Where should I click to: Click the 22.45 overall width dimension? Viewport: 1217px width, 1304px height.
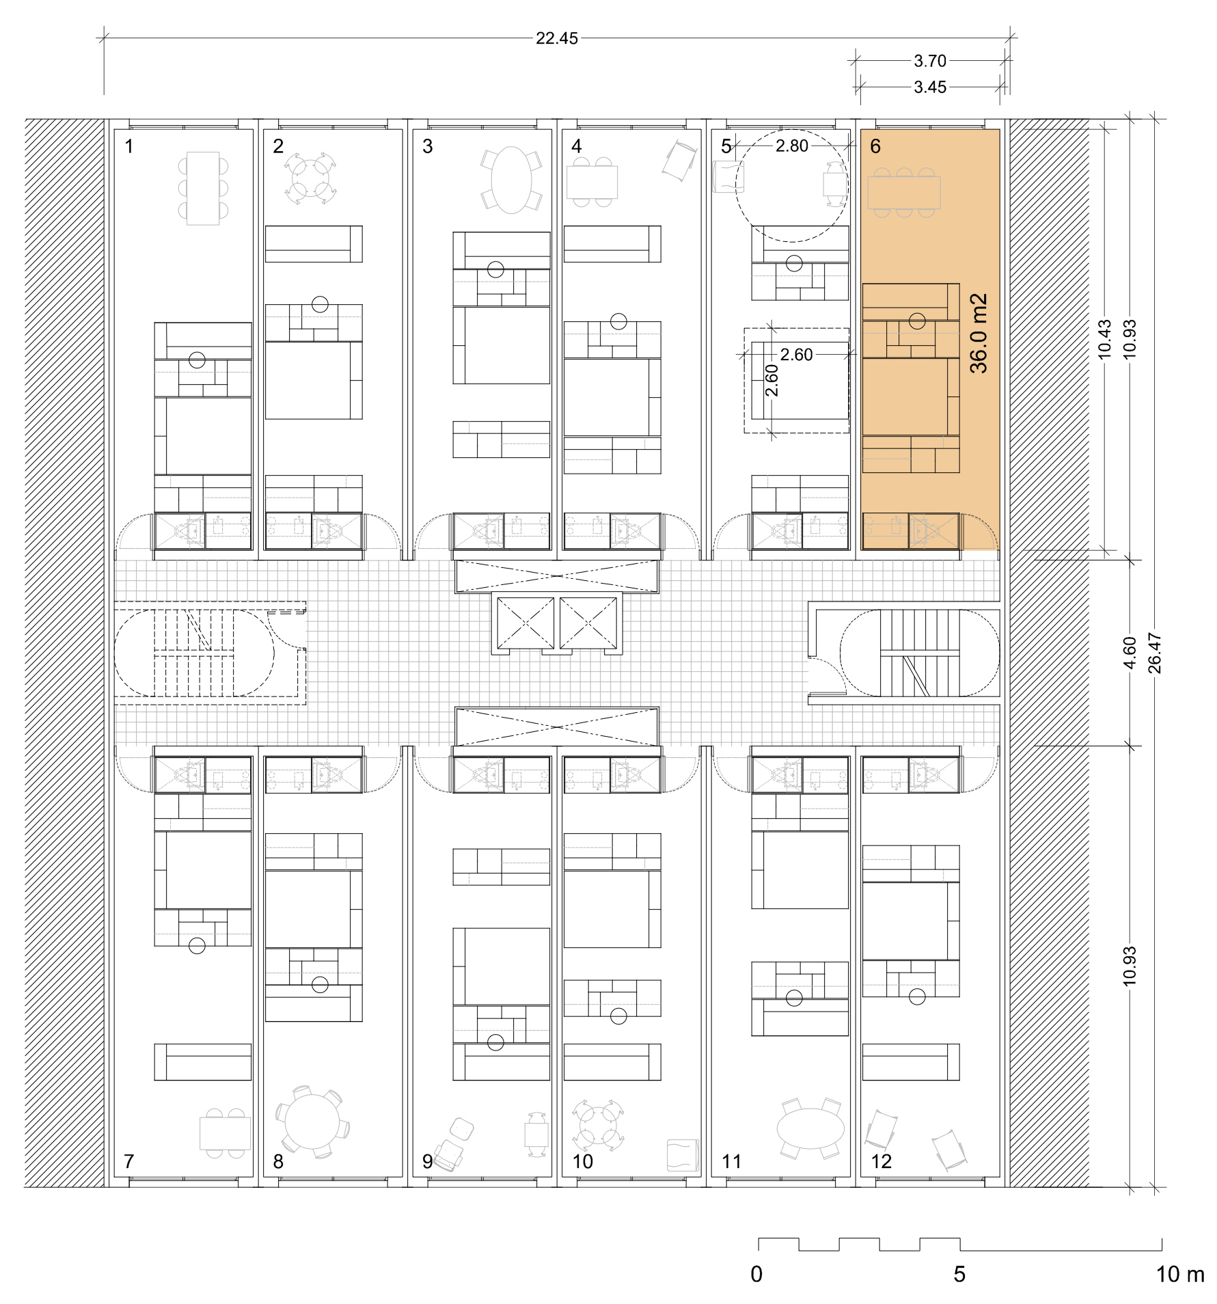tap(556, 38)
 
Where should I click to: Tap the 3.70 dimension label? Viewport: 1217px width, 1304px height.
tap(930, 61)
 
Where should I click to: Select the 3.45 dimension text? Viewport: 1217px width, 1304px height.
tap(930, 87)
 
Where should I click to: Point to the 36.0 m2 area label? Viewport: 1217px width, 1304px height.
tap(979, 334)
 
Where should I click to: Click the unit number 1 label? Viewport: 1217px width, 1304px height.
tap(129, 146)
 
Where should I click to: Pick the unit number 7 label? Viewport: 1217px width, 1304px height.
tap(129, 1161)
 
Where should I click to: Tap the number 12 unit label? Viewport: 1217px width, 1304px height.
tap(881, 1161)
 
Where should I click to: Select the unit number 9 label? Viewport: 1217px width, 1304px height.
tap(428, 1161)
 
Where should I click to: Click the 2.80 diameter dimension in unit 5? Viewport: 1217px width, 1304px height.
tap(791, 146)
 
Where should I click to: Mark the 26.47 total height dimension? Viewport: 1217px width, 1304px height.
tap(1154, 653)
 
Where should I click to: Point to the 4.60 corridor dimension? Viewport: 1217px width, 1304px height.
tap(1130, 653)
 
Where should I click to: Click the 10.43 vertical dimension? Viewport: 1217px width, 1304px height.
tap(1105, 339)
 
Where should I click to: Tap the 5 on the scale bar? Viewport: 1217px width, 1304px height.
tap(959, 1274)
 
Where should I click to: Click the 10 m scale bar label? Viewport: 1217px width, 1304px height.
tap(1179, 1274)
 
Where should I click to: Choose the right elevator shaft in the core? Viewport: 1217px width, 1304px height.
tap(588, 623)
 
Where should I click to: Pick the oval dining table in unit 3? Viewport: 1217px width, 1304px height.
tap(511, 180)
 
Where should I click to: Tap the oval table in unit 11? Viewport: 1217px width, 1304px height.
tap(810, 1128)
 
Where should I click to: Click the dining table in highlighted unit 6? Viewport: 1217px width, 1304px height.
tap(903, 192)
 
